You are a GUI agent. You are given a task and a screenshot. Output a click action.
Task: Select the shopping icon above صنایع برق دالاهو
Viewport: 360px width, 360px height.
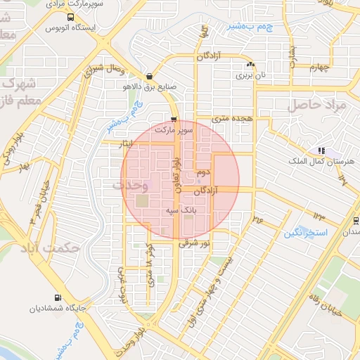[x=149, y=77]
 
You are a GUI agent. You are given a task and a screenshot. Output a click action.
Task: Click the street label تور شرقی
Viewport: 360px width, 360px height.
[x=194, y=244]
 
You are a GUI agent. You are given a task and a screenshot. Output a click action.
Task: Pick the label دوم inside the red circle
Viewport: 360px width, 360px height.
[x=205, y=172]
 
